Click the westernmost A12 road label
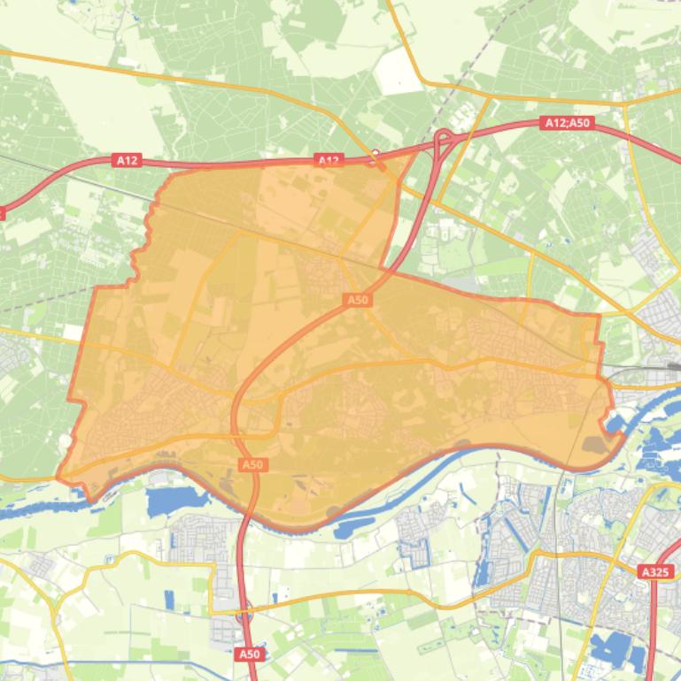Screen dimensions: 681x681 (127, 160)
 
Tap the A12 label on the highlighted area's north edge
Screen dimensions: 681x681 (329, 160)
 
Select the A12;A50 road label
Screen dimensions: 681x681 (568, 123)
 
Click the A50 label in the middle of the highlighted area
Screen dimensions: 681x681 (357, 300)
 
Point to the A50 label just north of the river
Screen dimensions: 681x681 (253, 464)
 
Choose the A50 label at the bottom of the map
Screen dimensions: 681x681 (250, 654)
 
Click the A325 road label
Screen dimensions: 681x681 (654, 572)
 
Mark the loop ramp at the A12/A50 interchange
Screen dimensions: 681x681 (444, 138)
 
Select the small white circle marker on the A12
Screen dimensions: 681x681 (376, 153)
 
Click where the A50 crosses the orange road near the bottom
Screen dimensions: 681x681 (245, 609)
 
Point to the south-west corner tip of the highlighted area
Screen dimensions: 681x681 (59, 477)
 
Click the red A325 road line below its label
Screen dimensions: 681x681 (653, 619)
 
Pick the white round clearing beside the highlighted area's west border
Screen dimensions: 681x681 (66, 440)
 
